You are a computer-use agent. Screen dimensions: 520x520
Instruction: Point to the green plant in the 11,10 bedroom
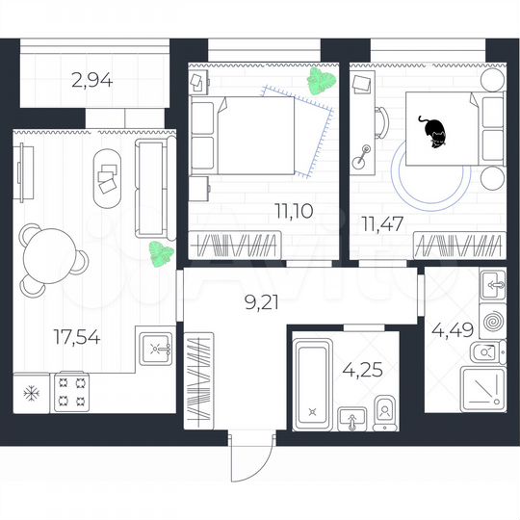[319, 82]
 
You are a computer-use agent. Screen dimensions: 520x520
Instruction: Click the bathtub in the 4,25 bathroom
[312, 378]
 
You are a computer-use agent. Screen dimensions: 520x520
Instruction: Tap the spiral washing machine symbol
[492, 319]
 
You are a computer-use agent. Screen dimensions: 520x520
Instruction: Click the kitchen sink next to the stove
[155, 346]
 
